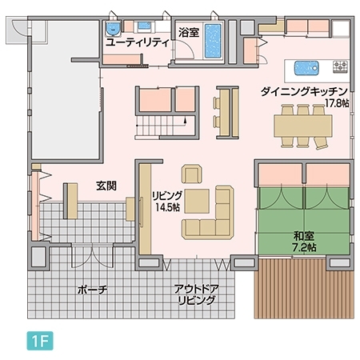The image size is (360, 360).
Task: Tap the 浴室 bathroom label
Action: [189, 33]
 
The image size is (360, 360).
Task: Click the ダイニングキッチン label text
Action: [302, 91]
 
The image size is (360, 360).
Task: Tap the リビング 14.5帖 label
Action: [167, 201]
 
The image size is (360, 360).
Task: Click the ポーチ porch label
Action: [93, 288]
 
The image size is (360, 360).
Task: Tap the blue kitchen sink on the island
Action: [307, 66]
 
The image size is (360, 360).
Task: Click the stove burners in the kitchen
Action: [340, 66]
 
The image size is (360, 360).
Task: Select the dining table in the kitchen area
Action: [302, 126]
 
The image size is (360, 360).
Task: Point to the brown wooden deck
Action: [304, 288]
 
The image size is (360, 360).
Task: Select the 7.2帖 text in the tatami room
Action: [305, 249]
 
